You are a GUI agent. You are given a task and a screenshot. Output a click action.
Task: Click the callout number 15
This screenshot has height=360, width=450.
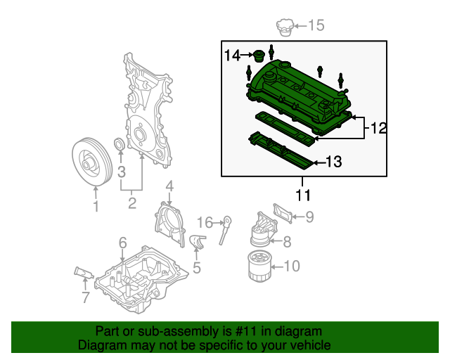click(x=316, y=26)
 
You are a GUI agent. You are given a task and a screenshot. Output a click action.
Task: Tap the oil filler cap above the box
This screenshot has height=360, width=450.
click(x=283, y=29)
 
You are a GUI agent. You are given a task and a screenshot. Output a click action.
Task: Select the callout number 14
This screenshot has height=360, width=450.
click(x=233, y=55)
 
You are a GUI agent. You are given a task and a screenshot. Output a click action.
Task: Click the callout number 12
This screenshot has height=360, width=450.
click(x=379, y=128)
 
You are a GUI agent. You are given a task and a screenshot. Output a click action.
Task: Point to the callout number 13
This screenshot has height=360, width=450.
click(x=333, y=162)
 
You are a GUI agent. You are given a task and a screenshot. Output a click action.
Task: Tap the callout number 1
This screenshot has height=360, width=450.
click(x=96, y=206)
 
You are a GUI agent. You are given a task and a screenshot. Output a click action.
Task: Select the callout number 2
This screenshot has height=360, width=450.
click(x=131, y=205)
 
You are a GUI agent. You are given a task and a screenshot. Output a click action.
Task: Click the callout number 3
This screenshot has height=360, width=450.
click(x=121, y=172)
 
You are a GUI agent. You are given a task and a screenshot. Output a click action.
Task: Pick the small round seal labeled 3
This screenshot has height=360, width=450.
click(x=120, y=146)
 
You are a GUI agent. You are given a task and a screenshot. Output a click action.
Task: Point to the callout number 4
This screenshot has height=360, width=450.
click(x=169, y=186)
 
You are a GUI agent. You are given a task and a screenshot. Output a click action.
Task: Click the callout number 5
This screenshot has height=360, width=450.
click(x=196, y=267)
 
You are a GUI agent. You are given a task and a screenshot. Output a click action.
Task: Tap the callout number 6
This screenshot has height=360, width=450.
click(x=122, y=243)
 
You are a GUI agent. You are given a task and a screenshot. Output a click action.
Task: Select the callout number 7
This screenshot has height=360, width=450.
click(x=85, y=297)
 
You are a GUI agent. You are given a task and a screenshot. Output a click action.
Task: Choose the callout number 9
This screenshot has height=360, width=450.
click(x=309, y=218)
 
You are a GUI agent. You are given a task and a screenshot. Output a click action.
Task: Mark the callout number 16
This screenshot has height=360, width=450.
click(x=204, y=222)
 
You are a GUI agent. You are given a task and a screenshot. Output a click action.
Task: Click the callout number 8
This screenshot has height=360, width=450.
click(x=286, y=243)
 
